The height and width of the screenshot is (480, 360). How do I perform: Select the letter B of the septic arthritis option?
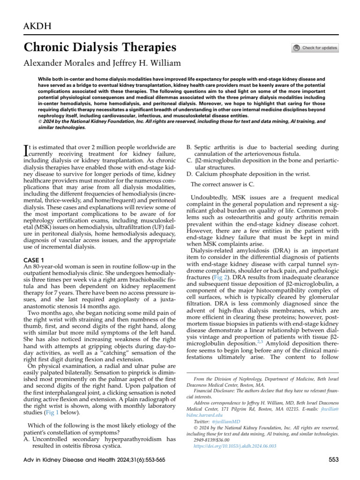tap(189, 147)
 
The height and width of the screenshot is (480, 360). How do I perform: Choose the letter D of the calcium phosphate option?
tap(189, 174)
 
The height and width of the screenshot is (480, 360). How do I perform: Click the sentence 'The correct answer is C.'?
tap(223, 185)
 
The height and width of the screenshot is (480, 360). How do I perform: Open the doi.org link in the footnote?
tap(235, 446)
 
